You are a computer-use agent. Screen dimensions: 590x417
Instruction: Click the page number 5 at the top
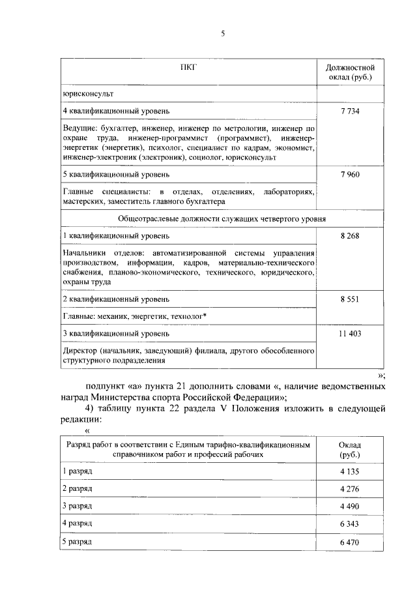point(222,34)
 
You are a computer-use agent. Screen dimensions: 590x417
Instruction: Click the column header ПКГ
point(188,67)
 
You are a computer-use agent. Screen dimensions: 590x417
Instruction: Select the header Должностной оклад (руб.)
point(350,72)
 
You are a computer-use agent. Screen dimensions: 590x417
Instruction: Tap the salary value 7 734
point(350,111)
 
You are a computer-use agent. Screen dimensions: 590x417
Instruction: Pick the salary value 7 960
point(350,175)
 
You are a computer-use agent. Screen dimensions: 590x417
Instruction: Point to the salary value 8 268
point(350,235)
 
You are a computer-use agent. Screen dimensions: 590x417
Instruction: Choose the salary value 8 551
point(350,299)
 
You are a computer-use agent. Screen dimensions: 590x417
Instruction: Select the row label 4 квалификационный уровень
point(116,111)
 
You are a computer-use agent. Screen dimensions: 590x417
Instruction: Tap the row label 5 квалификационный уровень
point(116,175)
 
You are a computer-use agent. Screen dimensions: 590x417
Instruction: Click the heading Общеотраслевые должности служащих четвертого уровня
point(222,218)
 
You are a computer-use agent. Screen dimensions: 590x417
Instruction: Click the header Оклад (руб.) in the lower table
point(350,449)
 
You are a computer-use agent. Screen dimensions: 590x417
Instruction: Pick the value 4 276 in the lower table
point(350,488)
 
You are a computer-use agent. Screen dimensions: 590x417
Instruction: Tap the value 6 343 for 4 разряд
point(350,524)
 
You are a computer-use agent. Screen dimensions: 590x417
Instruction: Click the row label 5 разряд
point(78,541)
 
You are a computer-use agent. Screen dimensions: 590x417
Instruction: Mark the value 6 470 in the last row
point(350,542)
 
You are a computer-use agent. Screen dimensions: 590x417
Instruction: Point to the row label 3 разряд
point(78,506)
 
